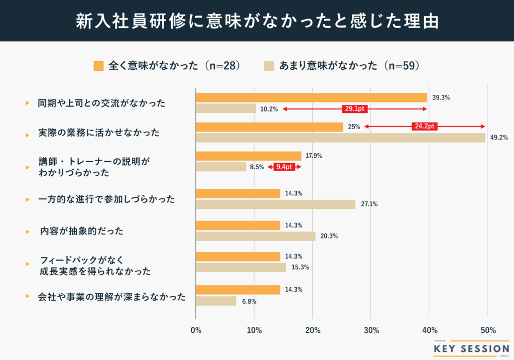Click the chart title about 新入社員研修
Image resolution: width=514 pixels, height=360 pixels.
point(257,21)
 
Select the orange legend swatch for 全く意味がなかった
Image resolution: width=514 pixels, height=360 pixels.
point(98,66)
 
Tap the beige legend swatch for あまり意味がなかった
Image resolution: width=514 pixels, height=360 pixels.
point(269,66)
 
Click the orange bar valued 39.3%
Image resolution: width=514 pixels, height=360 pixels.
point(311,97)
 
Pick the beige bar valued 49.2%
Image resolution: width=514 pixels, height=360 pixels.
point(340,138)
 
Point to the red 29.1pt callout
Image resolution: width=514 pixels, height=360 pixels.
point(355,108)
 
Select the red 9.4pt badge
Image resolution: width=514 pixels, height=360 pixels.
point(285,167)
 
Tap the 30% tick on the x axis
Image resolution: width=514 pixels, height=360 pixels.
point(371,330)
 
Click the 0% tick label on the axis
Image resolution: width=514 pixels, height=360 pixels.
point(196,330)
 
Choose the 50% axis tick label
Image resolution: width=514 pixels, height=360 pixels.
point(487,330)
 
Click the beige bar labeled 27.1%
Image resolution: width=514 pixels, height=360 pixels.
point(276,204)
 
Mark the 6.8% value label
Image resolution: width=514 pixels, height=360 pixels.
point(249,301)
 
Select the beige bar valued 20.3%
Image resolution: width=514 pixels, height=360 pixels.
point(255,236)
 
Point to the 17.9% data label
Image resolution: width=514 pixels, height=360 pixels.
point(314,156)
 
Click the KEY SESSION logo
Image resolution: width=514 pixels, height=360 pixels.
point(471,348)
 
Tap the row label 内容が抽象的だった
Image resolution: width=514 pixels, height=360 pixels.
point(81,231)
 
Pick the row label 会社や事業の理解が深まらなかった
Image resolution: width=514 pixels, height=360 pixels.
point(111,296)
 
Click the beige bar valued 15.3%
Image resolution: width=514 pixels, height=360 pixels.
point(241,268)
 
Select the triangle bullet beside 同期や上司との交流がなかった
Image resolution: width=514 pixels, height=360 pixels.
point(28,103)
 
